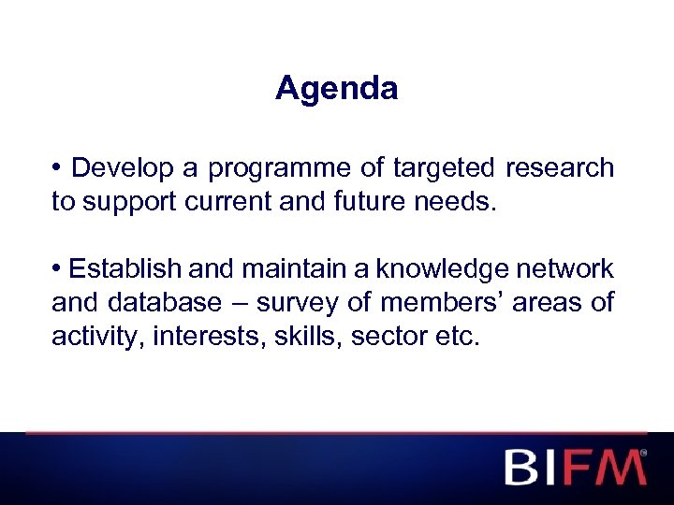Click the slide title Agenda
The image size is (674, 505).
337,89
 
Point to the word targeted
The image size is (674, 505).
445,168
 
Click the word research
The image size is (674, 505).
560,168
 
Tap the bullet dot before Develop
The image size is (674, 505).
57,169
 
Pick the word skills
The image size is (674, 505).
309,337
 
